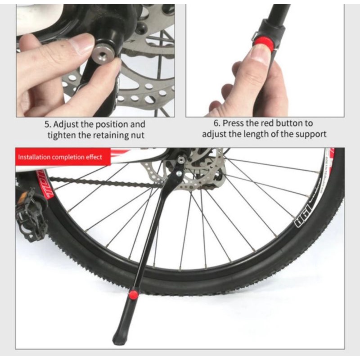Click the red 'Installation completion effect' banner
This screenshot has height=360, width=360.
click(x=60, y=157)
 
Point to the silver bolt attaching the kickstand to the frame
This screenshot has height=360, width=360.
click(x=180, y=172)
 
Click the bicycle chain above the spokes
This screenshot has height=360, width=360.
click(x=103, y=182)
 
